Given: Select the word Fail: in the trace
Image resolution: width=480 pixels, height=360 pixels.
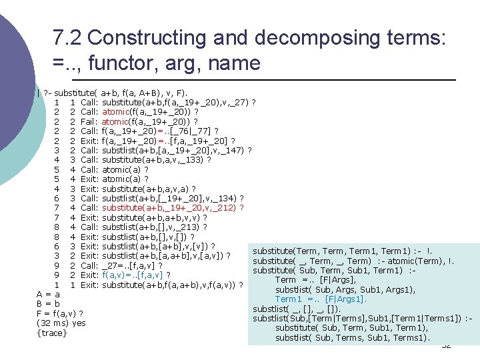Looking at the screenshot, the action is point(89,121).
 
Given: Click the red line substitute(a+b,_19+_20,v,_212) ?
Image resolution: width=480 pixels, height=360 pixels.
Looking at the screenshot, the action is point(173,208).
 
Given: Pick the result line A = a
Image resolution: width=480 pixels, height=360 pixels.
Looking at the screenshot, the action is point(48,295).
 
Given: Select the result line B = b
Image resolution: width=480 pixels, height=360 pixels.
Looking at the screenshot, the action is point(48,304).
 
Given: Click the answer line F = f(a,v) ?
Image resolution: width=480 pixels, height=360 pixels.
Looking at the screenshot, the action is point(60,314).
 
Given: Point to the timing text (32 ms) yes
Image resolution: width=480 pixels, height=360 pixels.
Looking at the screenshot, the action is point(61,323).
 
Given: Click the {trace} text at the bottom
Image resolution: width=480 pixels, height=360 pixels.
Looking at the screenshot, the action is point(52,333).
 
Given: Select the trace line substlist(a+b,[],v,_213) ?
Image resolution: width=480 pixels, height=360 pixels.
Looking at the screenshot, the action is point(155,227).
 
